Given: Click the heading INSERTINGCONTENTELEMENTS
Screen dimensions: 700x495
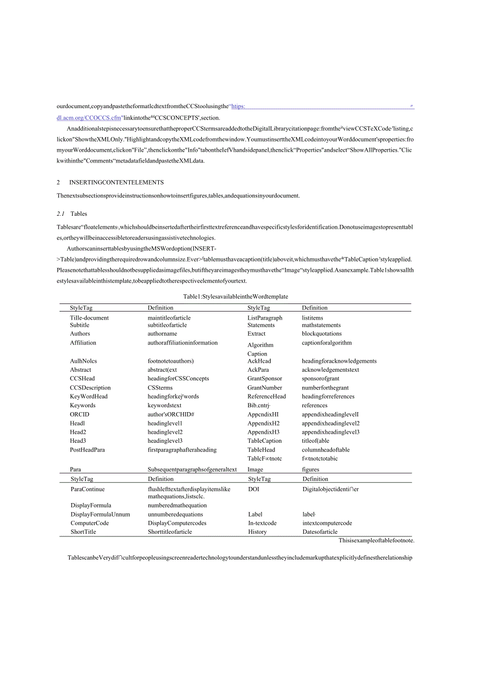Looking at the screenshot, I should [x=116, y=183].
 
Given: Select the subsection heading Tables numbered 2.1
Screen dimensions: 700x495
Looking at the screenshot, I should [x=79, y=214].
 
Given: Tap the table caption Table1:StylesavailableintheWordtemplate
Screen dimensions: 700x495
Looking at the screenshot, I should [x=236, y=296].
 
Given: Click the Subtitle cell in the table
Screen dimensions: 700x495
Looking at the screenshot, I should [x=80, y=325].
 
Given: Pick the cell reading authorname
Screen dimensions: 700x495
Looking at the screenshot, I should [x=162, y=334].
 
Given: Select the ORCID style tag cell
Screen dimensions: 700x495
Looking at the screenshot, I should [x=80, y=414].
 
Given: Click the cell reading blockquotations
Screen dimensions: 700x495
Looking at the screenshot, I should [x=322, y=334].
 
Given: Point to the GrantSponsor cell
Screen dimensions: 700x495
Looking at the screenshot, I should [x=265, y=379].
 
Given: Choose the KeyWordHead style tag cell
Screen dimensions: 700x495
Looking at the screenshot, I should [x=89, y=397].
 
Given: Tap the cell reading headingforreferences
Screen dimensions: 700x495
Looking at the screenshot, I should [x=328, y=397].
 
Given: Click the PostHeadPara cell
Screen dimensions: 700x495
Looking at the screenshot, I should [x=87, y=450].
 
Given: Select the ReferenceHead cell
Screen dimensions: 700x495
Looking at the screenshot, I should [x=267, y=397].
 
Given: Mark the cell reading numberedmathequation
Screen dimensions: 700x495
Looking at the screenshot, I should [x=177, y=505].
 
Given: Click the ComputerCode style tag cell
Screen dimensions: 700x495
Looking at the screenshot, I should [x=90, y=523].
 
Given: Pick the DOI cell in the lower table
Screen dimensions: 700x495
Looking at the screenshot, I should [x=253, y=489].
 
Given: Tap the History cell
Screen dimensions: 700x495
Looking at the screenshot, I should [x=257, y=532].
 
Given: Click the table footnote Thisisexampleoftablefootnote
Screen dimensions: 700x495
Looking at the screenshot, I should [x=377, y=541].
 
